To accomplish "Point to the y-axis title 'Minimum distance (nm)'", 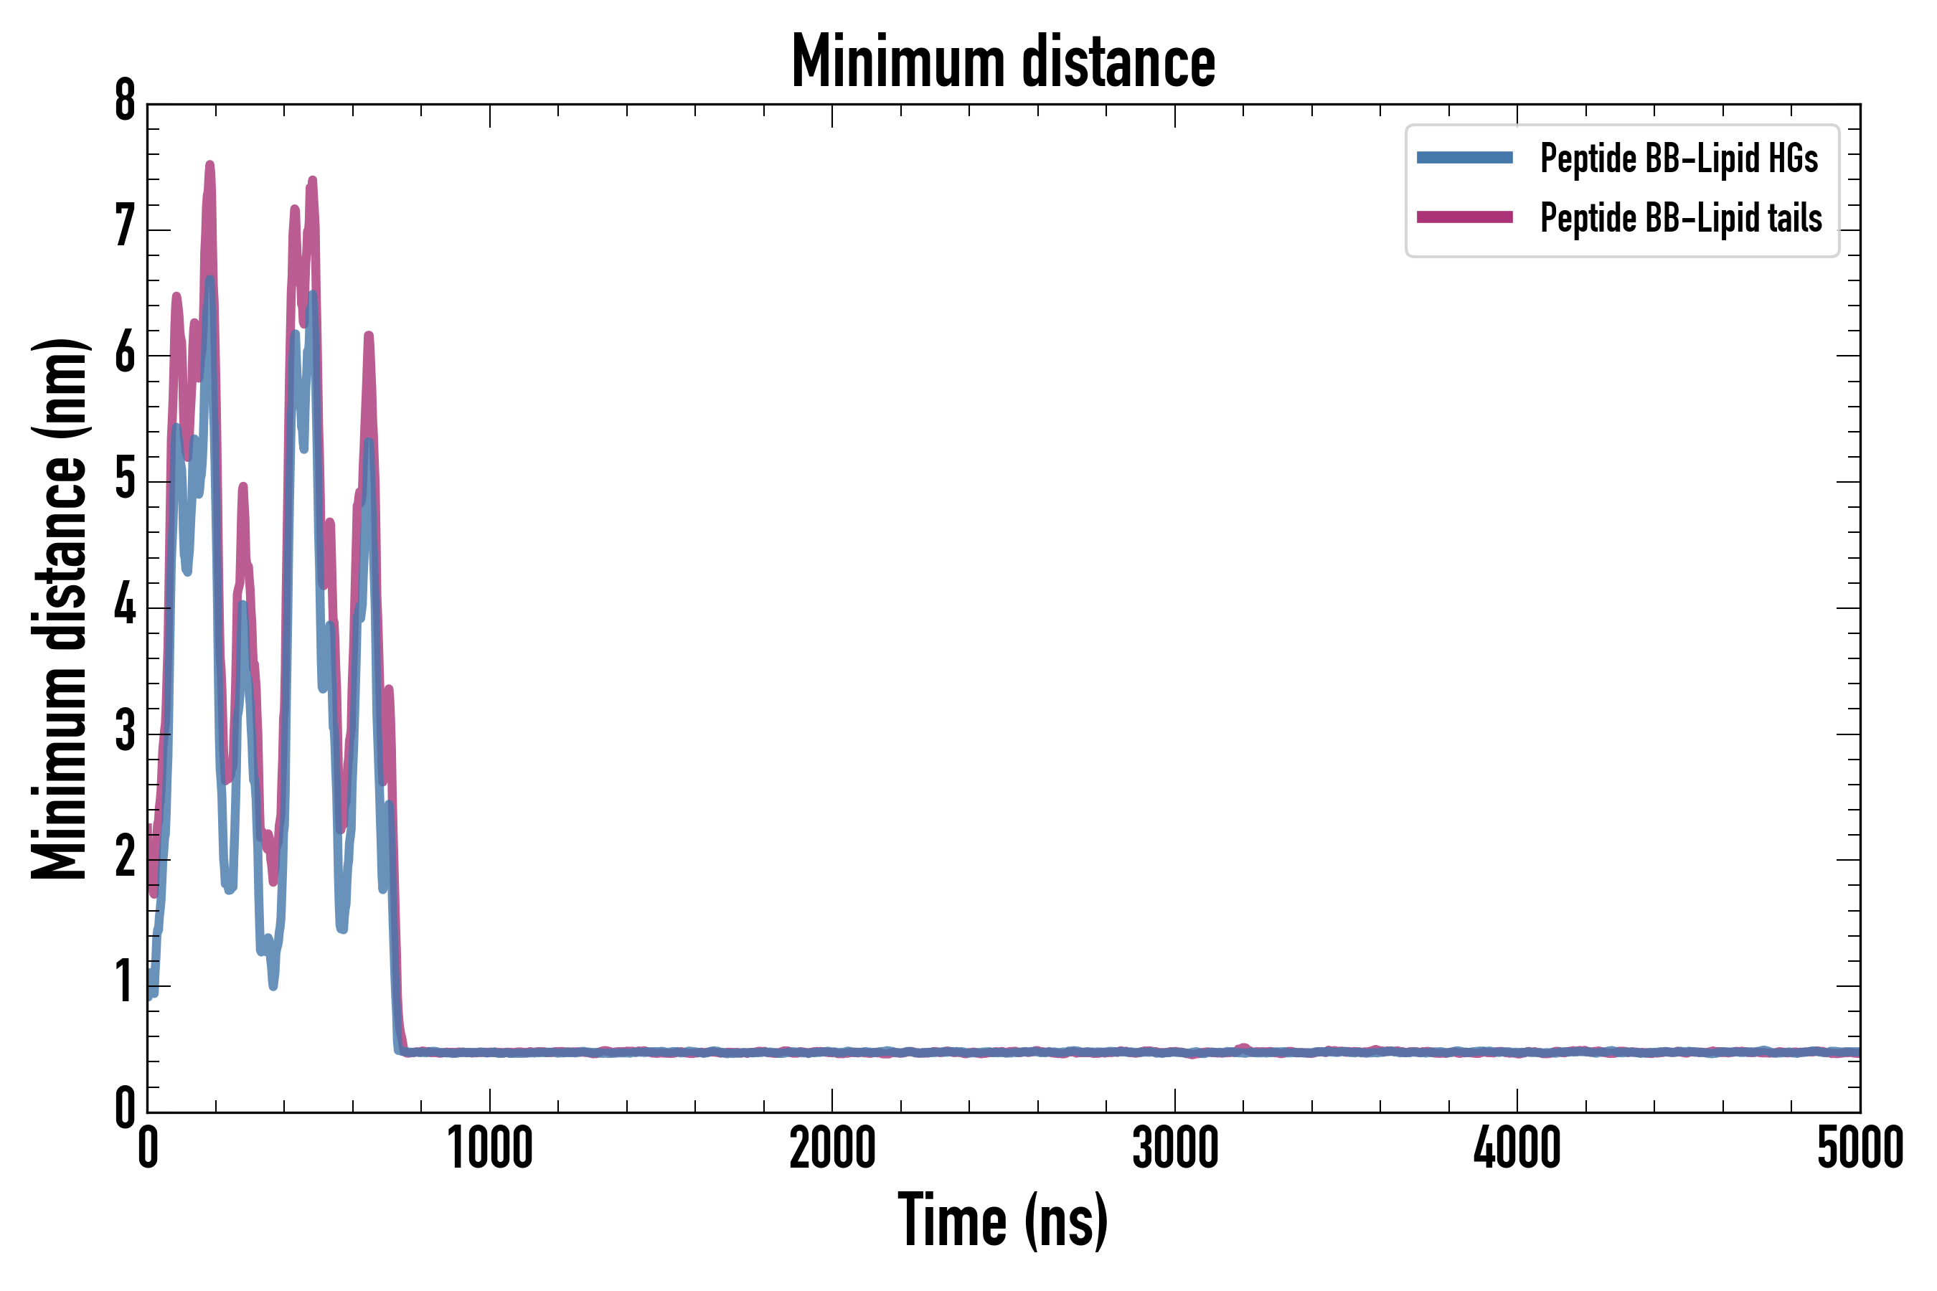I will click(60, 609).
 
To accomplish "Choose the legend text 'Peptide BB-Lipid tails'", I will click(1681, 218).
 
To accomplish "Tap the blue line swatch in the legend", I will click(1464, 158).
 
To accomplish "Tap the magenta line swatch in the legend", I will click(1464, 217).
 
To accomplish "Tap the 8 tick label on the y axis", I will click(125, 102).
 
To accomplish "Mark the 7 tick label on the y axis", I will click(125, 227).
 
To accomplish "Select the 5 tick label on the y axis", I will click(125, 480).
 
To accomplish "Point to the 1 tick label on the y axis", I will click(125, 984).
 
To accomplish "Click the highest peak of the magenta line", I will click(209, 165).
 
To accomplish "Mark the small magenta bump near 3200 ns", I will click(1243, 1046).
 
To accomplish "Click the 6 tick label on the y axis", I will click(125, 354).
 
